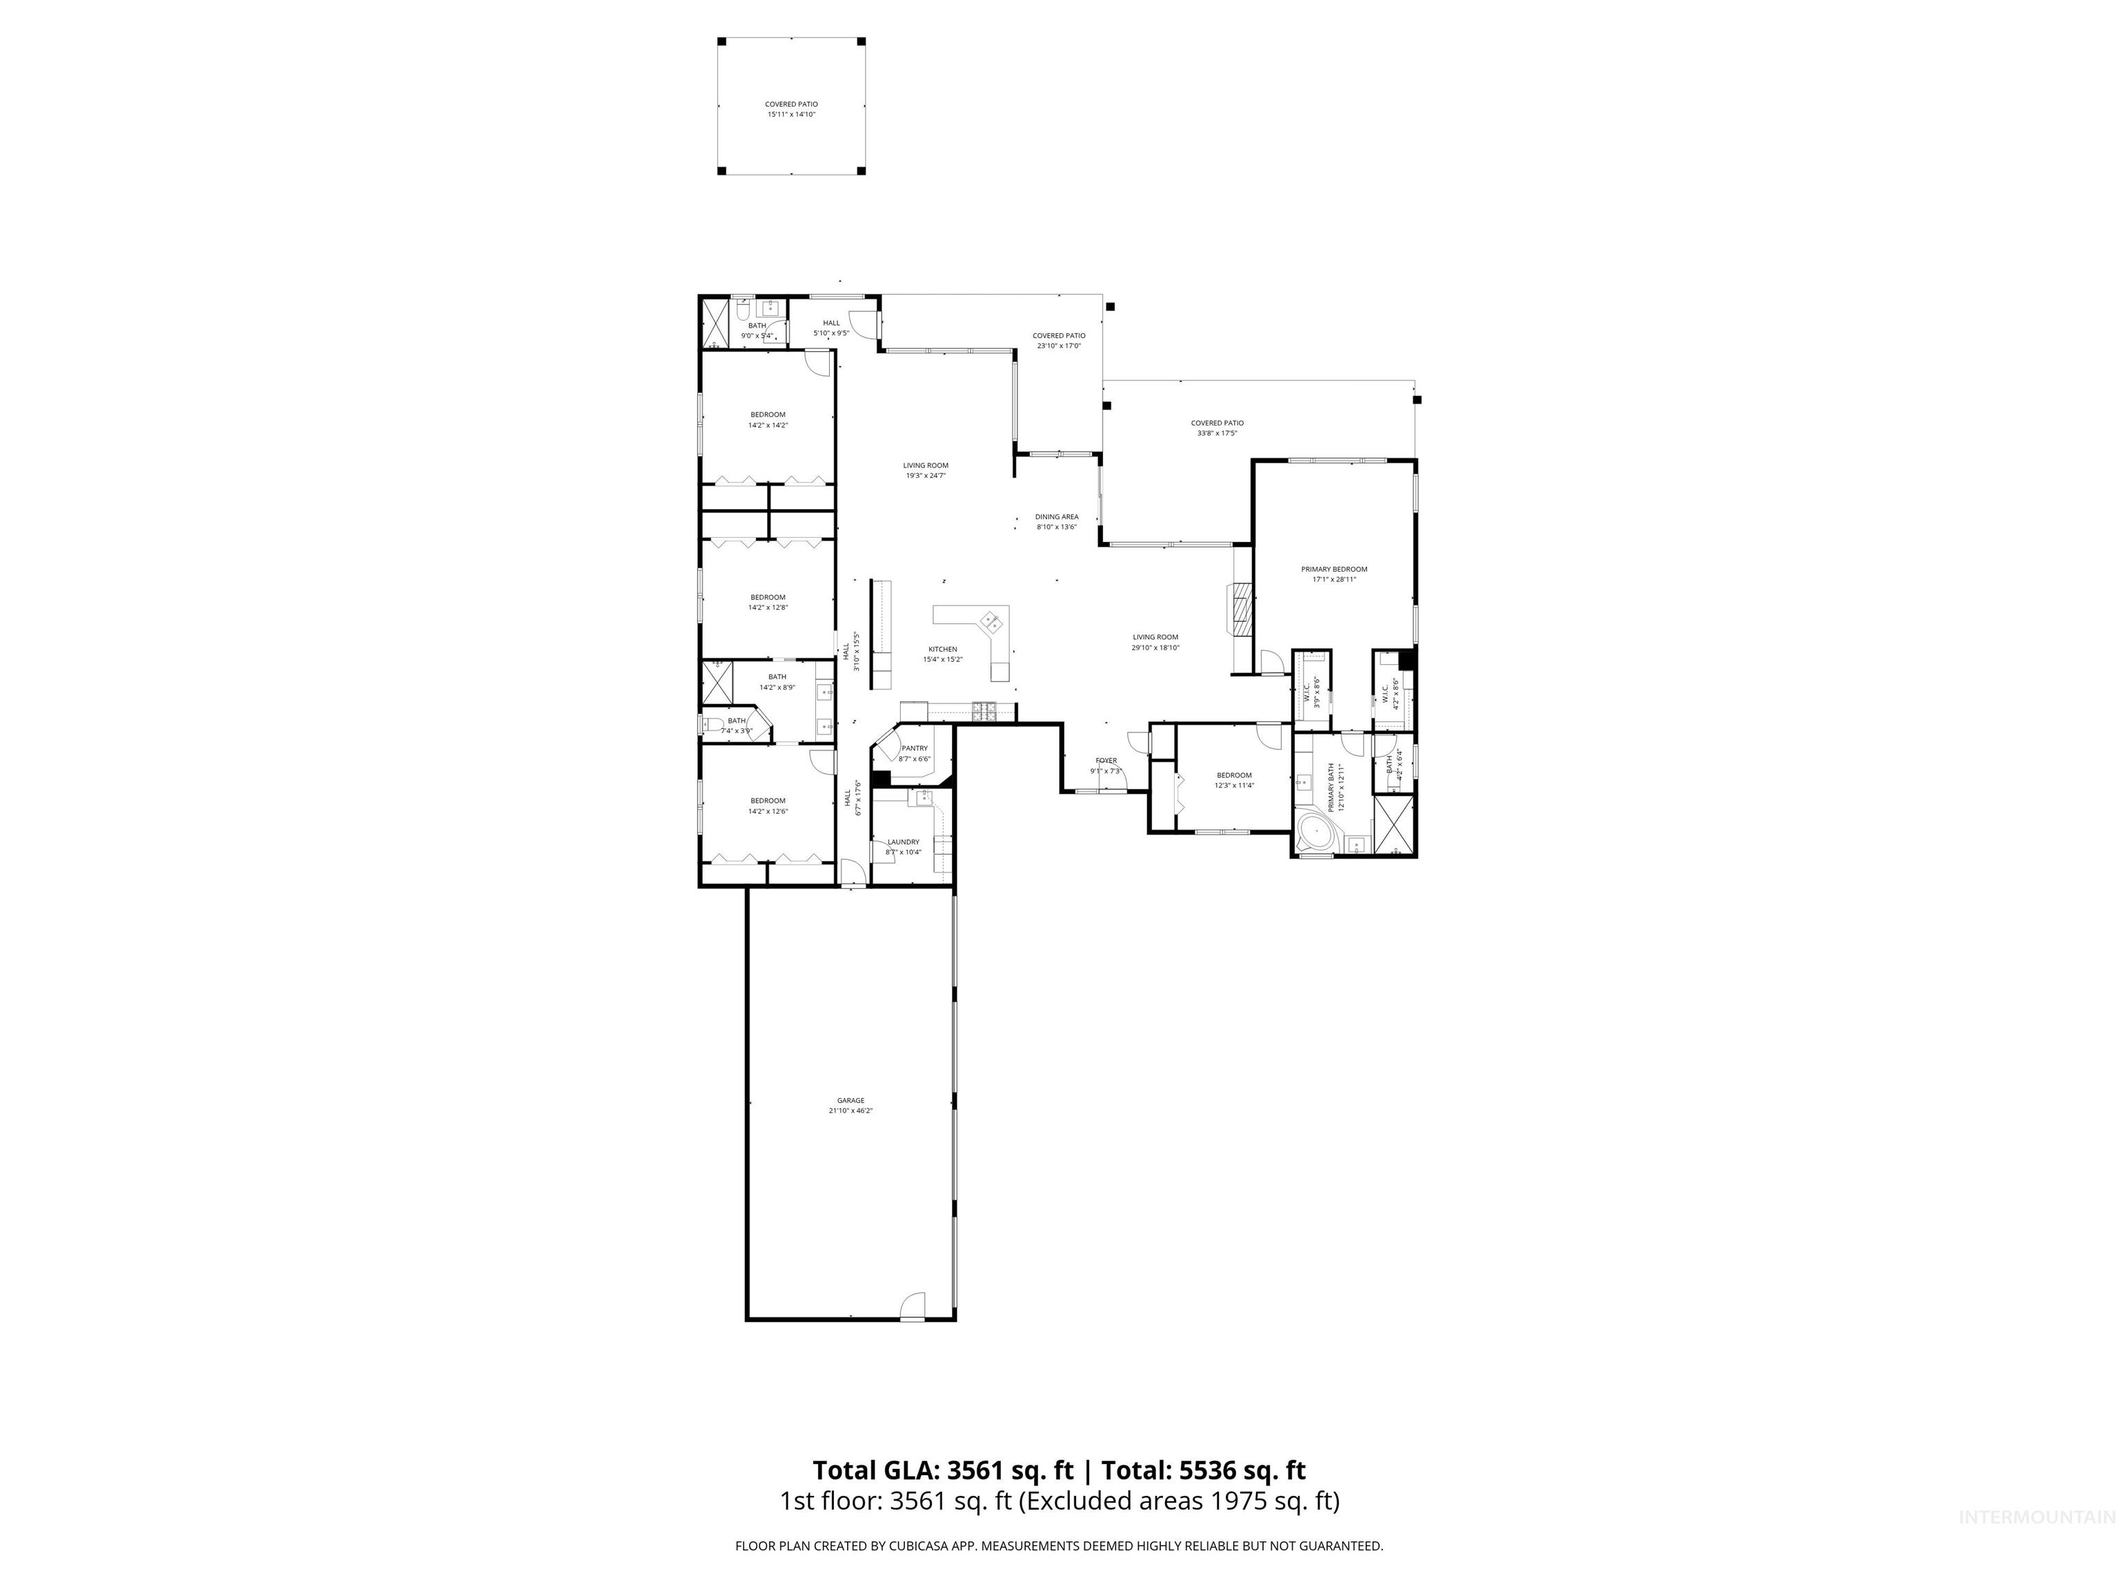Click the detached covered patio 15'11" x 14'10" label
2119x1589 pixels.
[x=790, y=109]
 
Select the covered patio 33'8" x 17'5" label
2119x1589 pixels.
[x=1217, y=427]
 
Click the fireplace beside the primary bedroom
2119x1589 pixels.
[x=1242, y=608]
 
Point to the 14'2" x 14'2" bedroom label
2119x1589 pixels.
[x=767, y=419]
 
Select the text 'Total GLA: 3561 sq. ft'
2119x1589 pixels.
[x=943, y=1470]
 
